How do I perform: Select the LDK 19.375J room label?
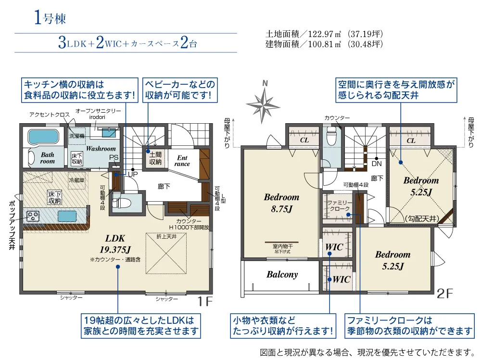click(115, 244)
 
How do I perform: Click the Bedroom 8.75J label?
click(281, 202)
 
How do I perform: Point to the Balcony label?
click(282, 275)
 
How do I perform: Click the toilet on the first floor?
click(119, 203)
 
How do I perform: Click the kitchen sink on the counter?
click(67, 215)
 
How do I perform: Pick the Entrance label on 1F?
click(183, 161)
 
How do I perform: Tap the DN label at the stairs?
click(377, 163)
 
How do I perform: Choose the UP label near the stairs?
click(132, 174)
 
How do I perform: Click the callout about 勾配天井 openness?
click(397, 90)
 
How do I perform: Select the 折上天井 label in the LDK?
click(167, 237)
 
